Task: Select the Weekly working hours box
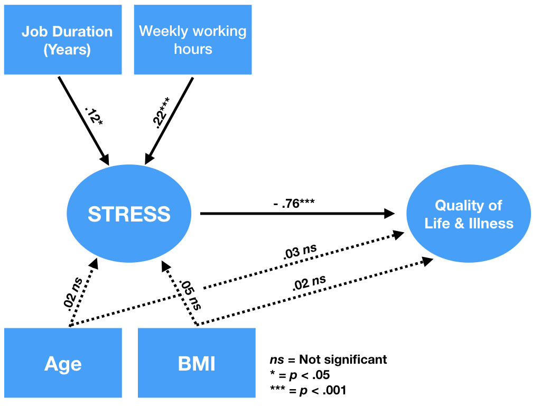(x=193, y=40)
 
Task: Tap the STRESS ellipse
(x=129, y=214)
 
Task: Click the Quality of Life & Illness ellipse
(x=469, y=214)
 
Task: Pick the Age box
(x=63, y=363)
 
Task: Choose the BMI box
(x=197, y=363)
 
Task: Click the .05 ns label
(x=190, y=294)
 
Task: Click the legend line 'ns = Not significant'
(x=328, y=360)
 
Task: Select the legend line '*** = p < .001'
(x=308, y=391)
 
